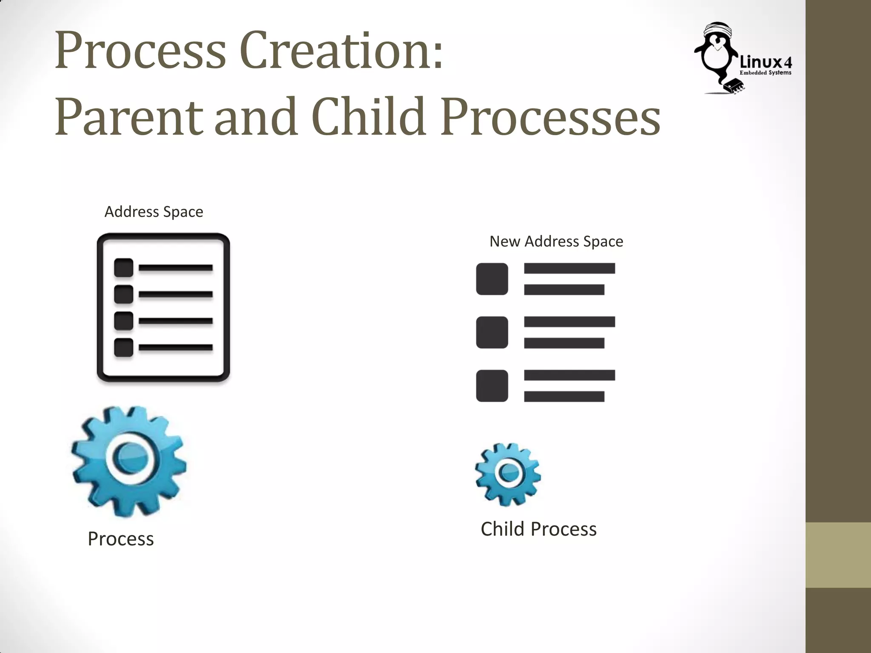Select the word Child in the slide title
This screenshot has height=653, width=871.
(x=368, y=116)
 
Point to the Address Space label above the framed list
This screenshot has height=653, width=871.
(x=154, y=212)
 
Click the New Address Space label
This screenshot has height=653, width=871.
(x=556, y=241)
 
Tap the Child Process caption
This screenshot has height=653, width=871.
(x=538, y=529)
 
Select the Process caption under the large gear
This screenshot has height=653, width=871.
(x=121, y=539)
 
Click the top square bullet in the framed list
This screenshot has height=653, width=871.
(x=124, y=268)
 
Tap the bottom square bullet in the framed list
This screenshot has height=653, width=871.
(x=124, y=347)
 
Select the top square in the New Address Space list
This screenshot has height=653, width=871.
(x=492, y=279)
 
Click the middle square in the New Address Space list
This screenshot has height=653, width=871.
(x=492, y=332)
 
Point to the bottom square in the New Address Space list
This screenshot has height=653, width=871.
(x=492, y=386)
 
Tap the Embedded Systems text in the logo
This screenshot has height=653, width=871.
(x=765, y=73)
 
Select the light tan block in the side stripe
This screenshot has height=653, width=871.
(x=838, y=555)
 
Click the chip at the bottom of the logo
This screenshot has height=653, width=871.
(x=734, y=85)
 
